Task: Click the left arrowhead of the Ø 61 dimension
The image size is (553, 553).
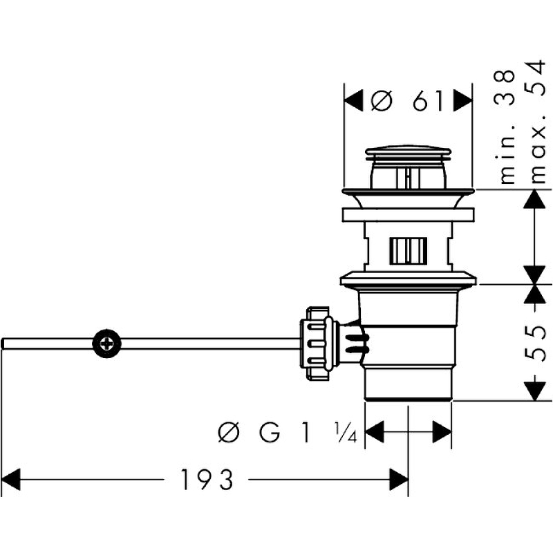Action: point(353,102)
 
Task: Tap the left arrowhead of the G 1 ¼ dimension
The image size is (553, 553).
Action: point(374,433)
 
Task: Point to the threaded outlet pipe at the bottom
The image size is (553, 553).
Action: point(408,384)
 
